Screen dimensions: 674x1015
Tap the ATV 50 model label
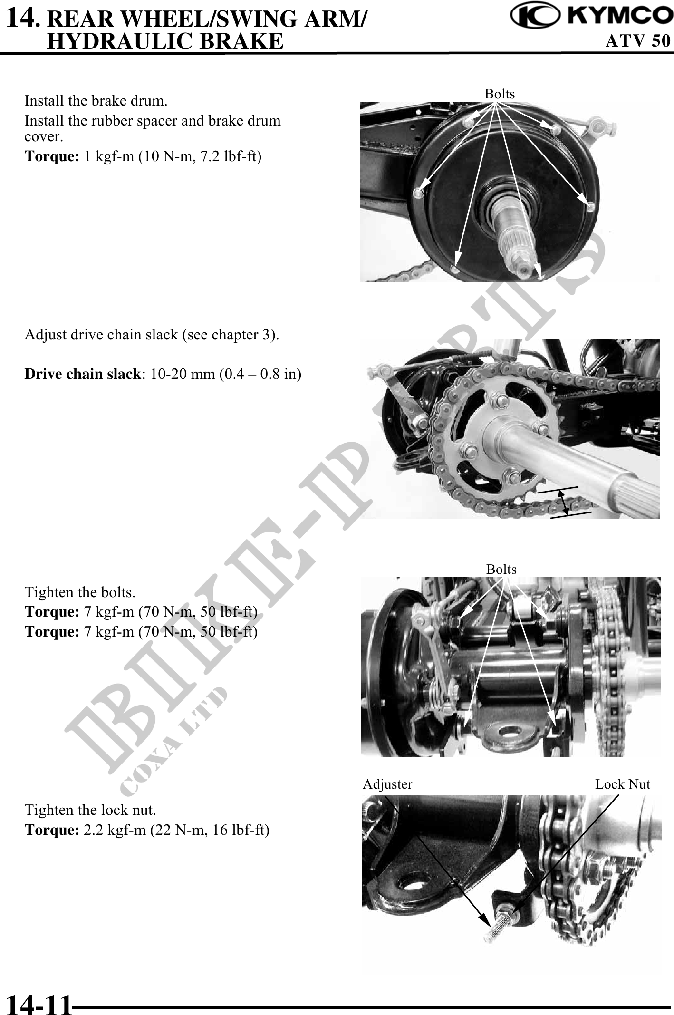(638, 41)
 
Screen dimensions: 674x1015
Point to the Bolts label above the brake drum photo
(500, 94)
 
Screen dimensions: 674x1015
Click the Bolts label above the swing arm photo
(501, 569)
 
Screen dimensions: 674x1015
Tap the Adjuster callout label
(387, 784)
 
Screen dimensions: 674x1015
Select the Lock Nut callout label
(623, 784)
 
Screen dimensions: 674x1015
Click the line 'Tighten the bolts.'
(80, 592)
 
